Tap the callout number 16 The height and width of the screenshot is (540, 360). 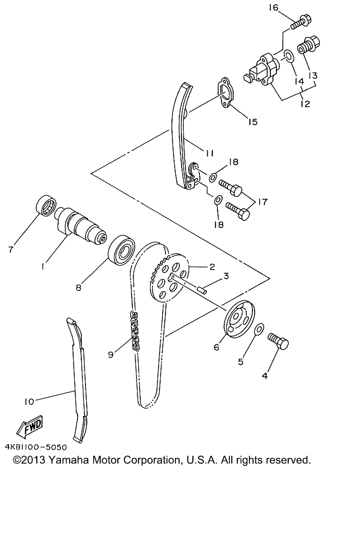click(x=274, y=8)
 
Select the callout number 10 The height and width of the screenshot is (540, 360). click(x=29, y=401)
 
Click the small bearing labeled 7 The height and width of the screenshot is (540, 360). click(x=46, y=205)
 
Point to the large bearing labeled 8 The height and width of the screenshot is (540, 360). click(x=121, y=250)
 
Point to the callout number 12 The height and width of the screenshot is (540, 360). click(x=305, y=104)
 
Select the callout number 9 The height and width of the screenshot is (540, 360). click(x=111, y=355)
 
